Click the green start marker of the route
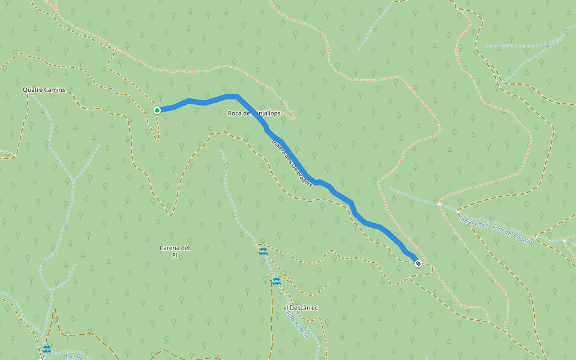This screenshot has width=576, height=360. (157, 110)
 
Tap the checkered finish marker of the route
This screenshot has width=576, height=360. (418, 263)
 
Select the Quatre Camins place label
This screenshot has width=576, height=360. (44, 90)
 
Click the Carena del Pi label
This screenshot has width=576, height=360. (175, 251)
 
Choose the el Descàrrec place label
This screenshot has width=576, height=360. (300, 308)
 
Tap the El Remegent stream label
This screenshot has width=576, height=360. (297, 325)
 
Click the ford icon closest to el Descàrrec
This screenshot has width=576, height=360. (276, 280)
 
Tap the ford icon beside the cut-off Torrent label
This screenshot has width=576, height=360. (47, 349)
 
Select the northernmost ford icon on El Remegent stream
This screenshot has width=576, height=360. (263, 251)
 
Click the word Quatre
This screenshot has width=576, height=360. (32, 90)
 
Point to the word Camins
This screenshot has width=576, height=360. (54, 90)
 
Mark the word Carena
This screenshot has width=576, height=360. (170, 248)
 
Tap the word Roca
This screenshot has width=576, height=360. (235, 113)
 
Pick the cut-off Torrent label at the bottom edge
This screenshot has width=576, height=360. (74, 357)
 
